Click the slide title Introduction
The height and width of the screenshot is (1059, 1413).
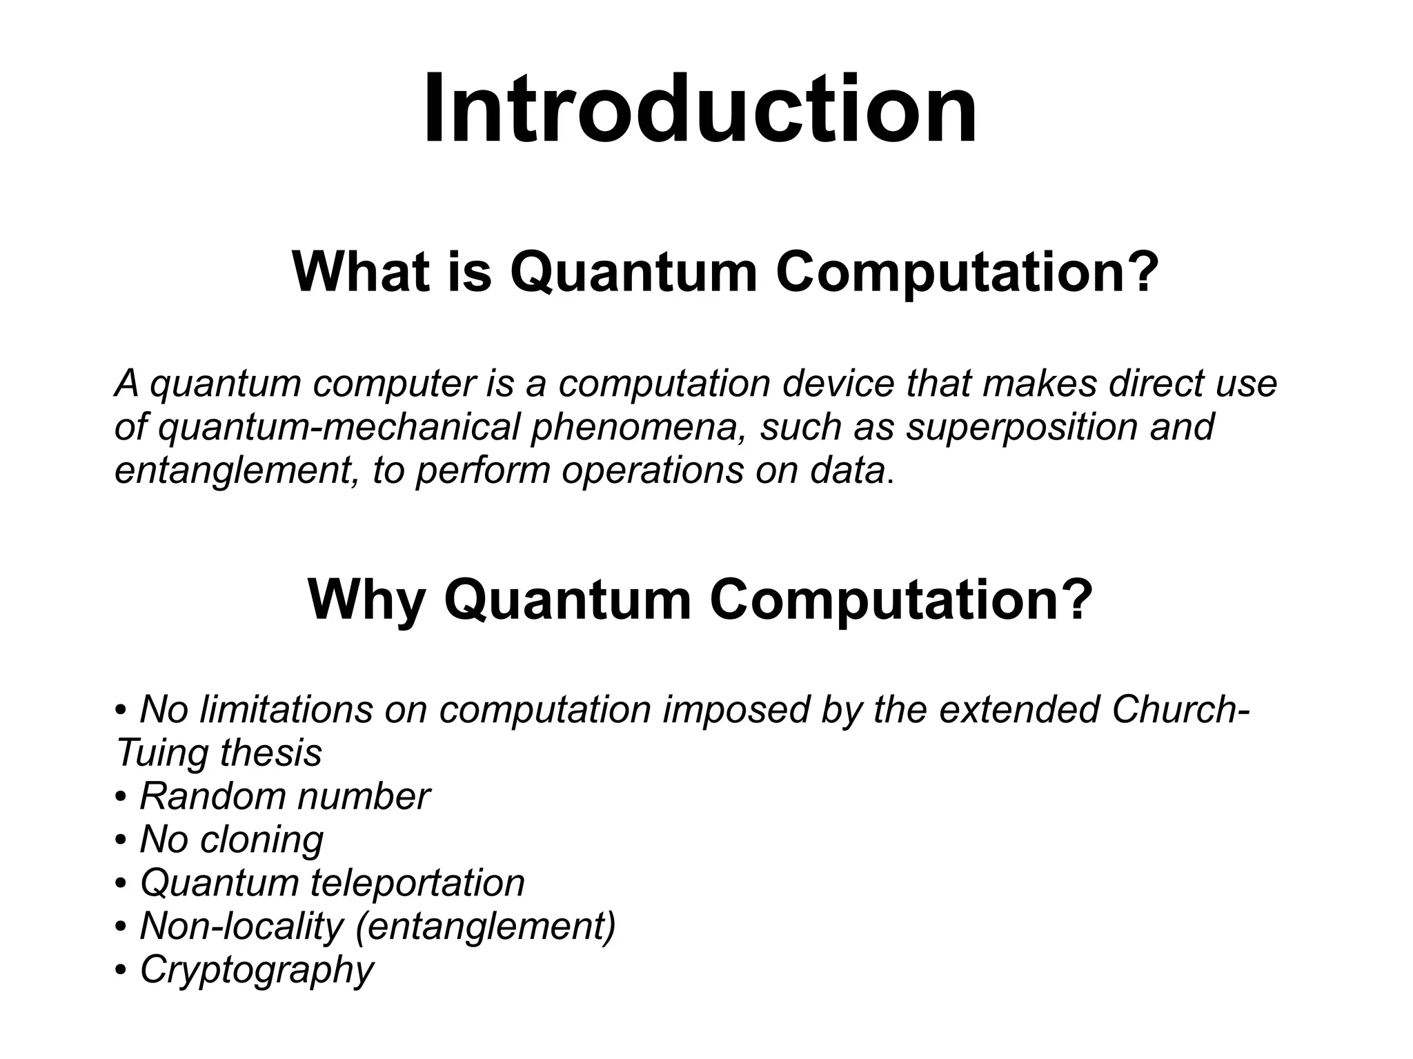[700, 110]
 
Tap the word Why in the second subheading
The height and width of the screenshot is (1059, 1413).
[366, 600]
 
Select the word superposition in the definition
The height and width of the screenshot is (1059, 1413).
[1022, 427]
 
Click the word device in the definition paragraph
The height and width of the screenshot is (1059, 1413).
[838, 384]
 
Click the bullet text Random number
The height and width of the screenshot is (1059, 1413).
[284, 797]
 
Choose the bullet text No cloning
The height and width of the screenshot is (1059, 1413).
[231, 840]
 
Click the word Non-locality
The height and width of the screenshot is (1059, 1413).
[241, 927]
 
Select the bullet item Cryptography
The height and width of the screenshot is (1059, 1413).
[256, 970]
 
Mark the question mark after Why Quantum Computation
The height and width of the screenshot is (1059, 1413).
[1079, 600]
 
